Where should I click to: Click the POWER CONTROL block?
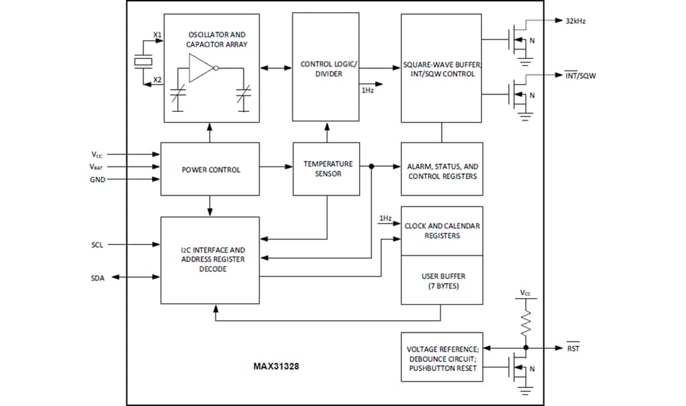tap(210, 169)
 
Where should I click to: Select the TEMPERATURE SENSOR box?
tap(327, 169)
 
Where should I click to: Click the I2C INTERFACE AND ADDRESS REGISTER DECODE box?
tap(210, 260)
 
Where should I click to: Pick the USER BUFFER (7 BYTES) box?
tap(442, 280)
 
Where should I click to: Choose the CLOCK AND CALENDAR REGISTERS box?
tap(442, 231)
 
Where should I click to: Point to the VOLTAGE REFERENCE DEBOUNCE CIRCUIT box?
tap(442, 357)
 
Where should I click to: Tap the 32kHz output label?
tap(575, 21)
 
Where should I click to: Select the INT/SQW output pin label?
tap(581, 76)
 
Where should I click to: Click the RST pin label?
tap(572, 348)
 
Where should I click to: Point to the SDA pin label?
tap(98, 278)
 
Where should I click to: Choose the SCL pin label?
tap(98, 244)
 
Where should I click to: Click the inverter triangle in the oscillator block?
tap(201, 68)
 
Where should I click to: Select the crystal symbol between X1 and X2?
tap(144, 62)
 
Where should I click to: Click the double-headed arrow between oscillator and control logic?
tap(276, 67)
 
